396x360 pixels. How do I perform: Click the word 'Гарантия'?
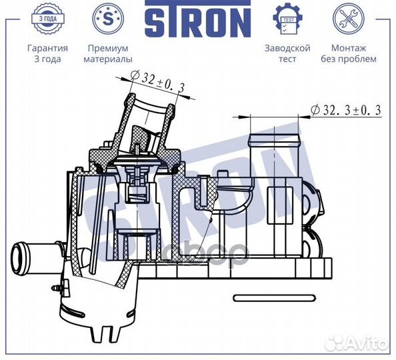pyautogui.click(x=47, y=48)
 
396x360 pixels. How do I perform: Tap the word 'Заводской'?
pyautogui.click(x=287, y=48)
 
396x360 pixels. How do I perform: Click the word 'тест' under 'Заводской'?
pyautogui.click(x=287, y=59)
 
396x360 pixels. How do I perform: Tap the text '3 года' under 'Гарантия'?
pyautogui.click(x=47, y=59)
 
